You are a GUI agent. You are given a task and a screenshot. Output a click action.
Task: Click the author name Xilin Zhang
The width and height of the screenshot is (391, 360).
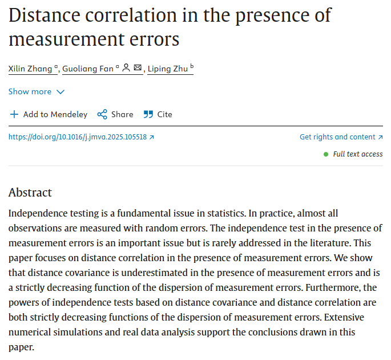pos(31,69)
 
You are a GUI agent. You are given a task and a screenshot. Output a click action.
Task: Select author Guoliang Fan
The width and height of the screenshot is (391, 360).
pos(87,69)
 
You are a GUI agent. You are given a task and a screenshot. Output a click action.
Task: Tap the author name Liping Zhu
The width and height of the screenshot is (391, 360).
pos(168,69)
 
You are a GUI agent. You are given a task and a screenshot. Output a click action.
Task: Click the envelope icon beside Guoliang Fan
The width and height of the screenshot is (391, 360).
pos(138,68)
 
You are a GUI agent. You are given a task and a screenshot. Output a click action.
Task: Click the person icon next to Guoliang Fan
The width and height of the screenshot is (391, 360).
pos(126,68)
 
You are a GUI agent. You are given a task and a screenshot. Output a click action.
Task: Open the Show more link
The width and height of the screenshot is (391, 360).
pos(30,91)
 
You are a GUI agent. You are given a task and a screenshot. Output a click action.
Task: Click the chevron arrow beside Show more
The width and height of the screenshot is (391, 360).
pos(61,92)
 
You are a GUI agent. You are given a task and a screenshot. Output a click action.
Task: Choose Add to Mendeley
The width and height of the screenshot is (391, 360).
pos(55,114)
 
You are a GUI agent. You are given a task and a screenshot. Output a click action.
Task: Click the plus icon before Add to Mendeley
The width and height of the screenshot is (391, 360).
pos(14,114)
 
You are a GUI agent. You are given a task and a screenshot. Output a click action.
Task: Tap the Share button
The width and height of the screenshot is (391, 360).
pos(122,114)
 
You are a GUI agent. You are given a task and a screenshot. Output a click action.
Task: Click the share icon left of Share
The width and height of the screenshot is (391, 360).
pos(102,114)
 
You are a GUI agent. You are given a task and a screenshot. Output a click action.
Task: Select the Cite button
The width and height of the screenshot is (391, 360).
pos(164,114)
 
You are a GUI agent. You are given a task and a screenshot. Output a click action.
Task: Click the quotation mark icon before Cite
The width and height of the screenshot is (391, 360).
pos(148,114)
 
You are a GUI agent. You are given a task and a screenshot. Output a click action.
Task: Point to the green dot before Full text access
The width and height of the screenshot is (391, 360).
pos(326,154)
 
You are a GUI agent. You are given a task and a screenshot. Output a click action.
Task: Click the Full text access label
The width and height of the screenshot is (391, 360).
pos(358,154)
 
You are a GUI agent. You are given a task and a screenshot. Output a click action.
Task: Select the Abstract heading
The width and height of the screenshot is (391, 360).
pos(30,193)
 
